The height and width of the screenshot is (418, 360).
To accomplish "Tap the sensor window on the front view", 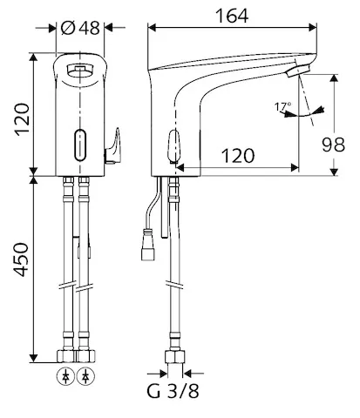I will (x=81, y=141).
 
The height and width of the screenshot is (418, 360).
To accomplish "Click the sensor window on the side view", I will (x=173, y=145).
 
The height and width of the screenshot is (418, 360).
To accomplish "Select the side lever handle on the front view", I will (x=111, y=145).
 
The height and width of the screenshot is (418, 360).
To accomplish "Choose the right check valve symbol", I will (x=86, y=377).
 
